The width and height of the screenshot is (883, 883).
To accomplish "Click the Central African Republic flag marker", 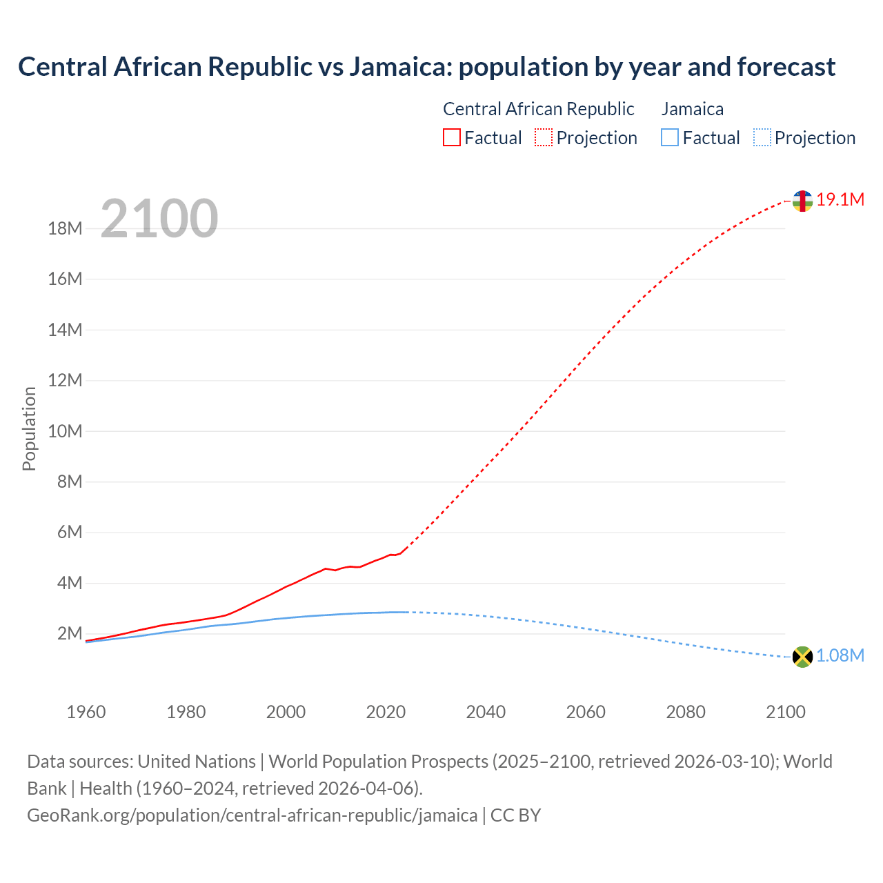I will (x=802, y=201).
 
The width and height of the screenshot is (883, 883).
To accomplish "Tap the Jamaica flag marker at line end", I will (x=802, y=657).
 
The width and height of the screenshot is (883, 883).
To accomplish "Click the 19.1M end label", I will (x=840, y=200).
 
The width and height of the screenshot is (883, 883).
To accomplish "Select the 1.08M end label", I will (x=840, y=656).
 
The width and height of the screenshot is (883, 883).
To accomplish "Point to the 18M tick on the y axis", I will (x=65, y=228).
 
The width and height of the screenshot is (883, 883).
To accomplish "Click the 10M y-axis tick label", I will (x=65, y=431).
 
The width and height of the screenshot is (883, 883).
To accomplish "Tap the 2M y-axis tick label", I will (x=69, y=634).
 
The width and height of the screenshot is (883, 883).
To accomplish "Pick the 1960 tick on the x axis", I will (x=86, y=712).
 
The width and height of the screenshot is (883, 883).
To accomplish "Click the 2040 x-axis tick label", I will (x=486, y=712).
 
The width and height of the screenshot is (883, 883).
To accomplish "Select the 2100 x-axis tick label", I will (x=785, y=712).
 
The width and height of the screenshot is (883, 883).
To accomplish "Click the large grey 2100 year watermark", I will (x=159, y=219).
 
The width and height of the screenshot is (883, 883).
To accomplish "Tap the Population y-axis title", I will (x=29, y=428).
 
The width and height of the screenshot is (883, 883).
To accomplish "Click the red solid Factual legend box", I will (x=451, y=138).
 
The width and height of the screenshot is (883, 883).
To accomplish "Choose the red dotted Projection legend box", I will (x=544, y=138).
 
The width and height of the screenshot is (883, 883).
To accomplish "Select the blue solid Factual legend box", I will (x=670, y=138).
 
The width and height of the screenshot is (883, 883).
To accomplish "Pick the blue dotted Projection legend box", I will (x=762, y=138).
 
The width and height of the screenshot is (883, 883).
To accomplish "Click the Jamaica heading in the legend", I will (x=693, y=109).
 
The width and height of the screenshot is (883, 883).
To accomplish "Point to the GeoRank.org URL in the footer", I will (x=252, y=815).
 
